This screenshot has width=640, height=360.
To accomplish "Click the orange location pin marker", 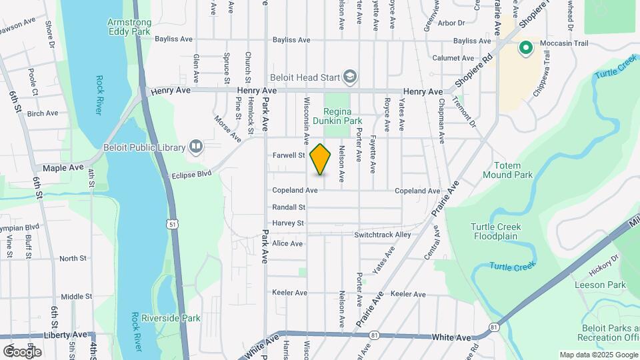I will pos(321,159).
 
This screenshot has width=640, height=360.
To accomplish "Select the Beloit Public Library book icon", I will pos(195,145).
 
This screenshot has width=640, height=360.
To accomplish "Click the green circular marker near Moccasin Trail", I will pos(525,47).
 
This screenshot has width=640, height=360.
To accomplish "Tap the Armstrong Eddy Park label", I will pos(129,27).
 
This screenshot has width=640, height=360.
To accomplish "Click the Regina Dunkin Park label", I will pos(343,116).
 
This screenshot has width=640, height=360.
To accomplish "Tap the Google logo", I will pos(22,351).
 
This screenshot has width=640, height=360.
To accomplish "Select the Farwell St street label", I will pos(289,155).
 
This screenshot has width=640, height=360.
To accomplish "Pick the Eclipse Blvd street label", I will pos(191,173).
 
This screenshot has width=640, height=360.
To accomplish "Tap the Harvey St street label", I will pos(288,223).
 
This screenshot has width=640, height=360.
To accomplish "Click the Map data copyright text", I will pos(597,355).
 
